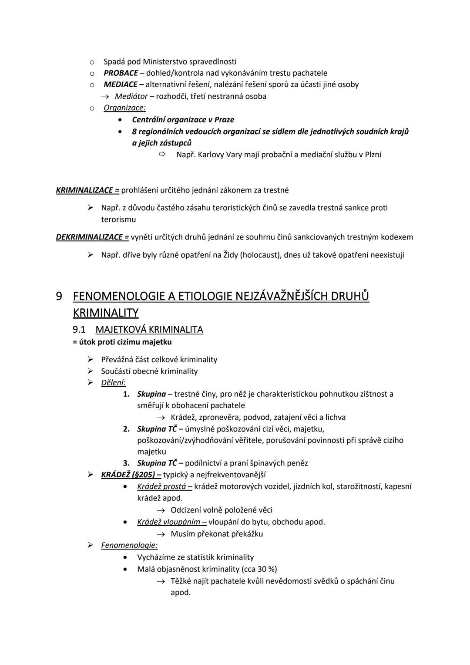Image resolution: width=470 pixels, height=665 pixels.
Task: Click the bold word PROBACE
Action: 121,73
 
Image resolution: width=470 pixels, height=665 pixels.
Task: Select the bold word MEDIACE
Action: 120,84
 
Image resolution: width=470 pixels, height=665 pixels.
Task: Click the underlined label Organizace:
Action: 124,108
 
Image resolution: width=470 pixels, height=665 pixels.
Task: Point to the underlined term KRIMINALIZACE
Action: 87,190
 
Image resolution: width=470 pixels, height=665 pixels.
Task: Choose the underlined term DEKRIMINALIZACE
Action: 92,237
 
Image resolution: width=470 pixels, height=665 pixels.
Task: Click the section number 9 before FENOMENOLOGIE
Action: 59,296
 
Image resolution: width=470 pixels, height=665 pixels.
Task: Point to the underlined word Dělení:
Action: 113,383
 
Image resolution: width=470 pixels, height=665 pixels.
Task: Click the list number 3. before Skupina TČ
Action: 126,463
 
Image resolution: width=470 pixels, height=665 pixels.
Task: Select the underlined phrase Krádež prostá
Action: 161,486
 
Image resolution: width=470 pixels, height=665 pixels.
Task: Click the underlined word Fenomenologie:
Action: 129,545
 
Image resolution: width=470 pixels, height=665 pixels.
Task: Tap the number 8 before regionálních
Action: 134,132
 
